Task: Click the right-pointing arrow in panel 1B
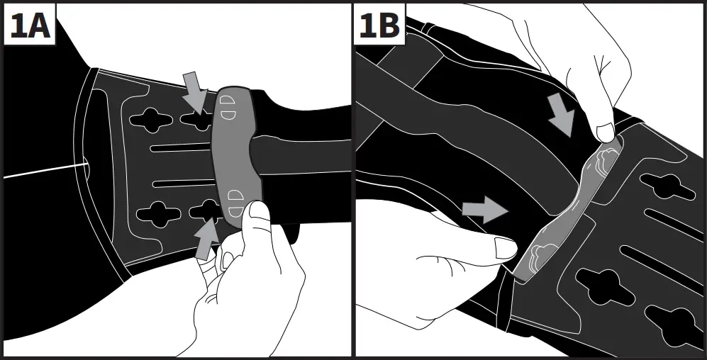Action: (485, 209)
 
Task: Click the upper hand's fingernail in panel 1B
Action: (605, 132)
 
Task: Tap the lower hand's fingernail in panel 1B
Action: (506, 249)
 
